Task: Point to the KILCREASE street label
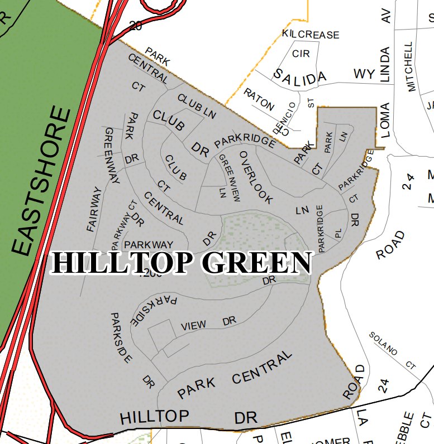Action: pyautogui.click(x=311, y=35)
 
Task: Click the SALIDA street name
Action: pyautogui.click(x=299, y=75)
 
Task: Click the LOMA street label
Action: pyautogui.click(x=385, y=120)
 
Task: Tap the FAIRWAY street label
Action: pyautogui.click(x=95, y=210)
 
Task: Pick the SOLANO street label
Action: pyautogui.click(x=383, y=343)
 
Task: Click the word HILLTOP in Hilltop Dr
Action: pyautogui.click(x=155, y=416)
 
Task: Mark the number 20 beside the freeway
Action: pyautogui.click(x=135, y=25)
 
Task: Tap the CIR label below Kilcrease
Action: pyautogui.click(x=301, y=54)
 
